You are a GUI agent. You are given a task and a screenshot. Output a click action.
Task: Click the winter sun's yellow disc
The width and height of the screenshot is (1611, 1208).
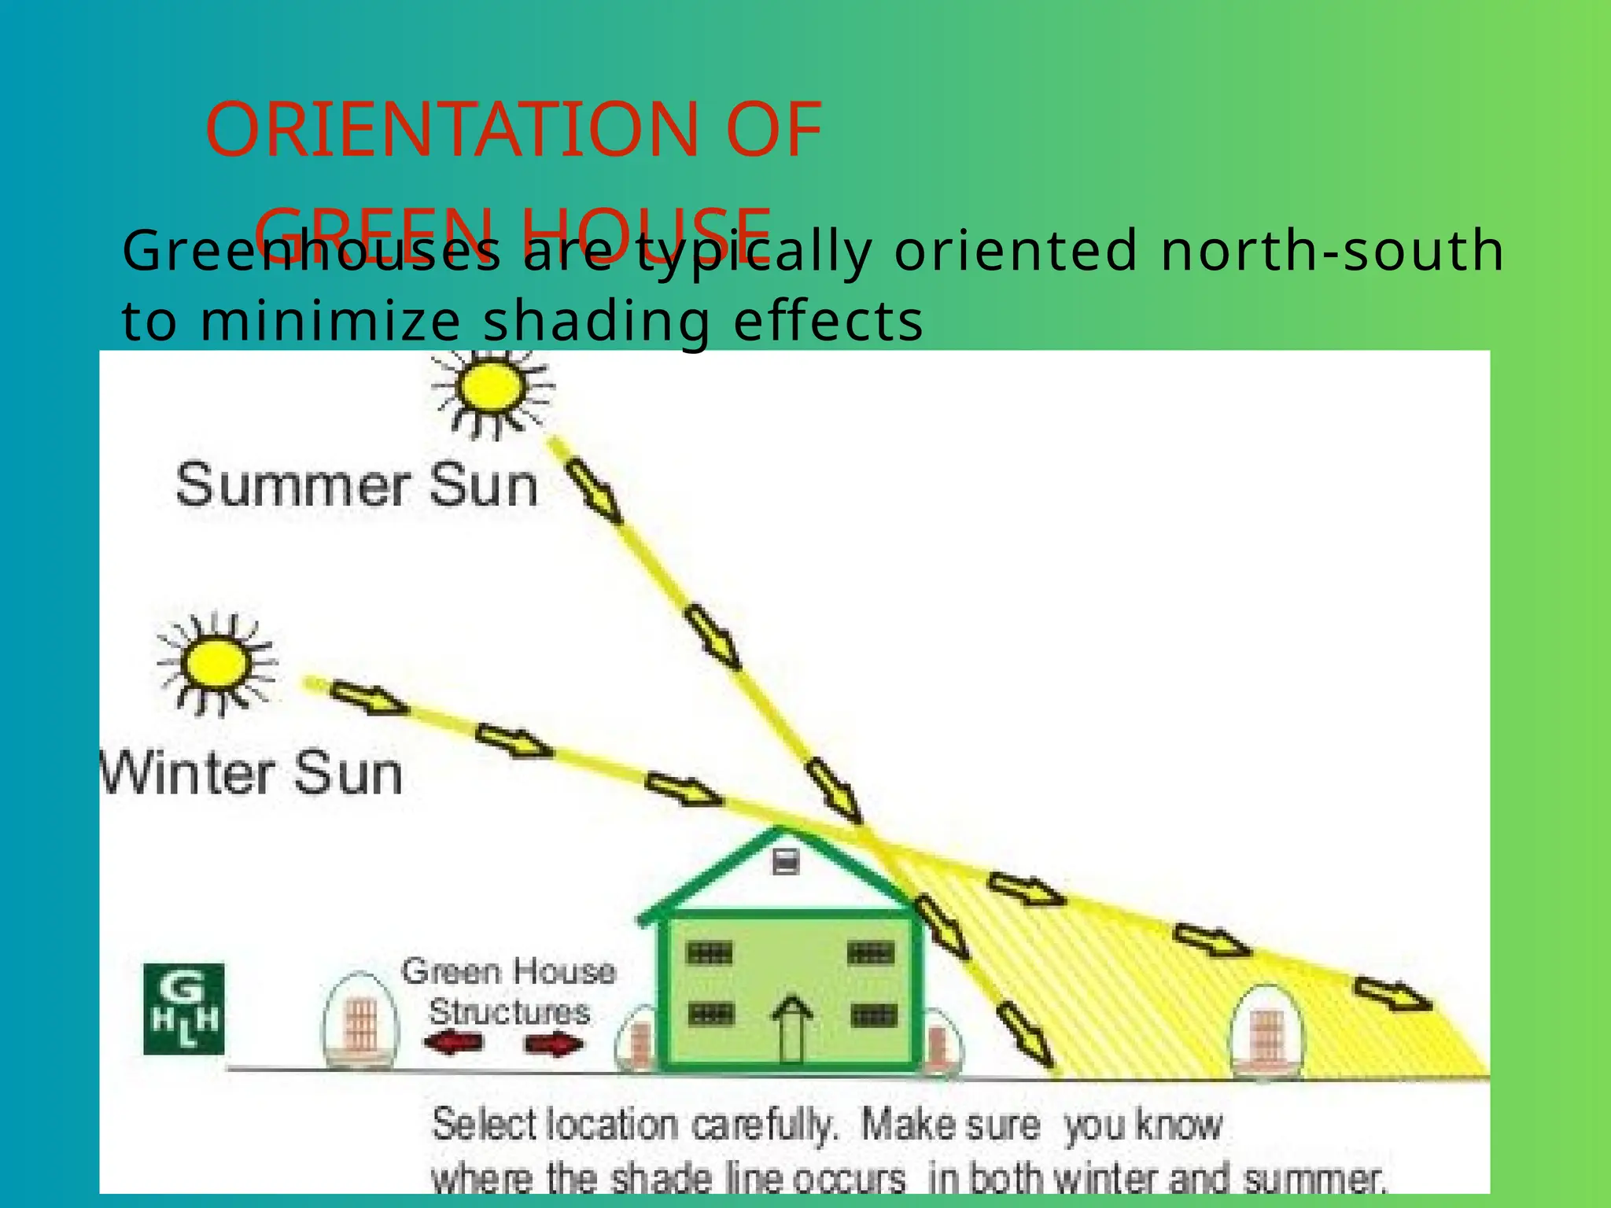[216, 663]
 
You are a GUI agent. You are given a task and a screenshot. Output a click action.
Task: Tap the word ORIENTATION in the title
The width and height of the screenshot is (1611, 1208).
[451, 130]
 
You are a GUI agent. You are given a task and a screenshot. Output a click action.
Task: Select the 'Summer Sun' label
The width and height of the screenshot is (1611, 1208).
[356, 485]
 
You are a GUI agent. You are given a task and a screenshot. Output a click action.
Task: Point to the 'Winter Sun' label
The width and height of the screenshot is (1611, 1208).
[252, 773]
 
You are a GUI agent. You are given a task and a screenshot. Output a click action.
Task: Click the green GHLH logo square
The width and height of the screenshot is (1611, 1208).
[184, 1009]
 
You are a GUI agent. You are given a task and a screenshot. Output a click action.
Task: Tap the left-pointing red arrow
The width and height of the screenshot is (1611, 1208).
[453, 1044]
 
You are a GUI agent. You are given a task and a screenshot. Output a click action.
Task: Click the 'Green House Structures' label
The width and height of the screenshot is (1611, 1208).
[508, 991]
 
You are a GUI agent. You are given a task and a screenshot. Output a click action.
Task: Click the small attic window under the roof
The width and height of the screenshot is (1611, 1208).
[786, 863]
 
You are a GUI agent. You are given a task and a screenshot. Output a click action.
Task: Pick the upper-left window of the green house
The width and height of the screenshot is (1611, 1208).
[710, 953]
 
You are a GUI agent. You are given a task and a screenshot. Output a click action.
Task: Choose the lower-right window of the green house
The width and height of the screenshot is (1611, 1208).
[873, 1015]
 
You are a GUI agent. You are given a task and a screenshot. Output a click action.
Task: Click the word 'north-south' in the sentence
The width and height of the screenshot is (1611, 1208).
[1332, 251]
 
